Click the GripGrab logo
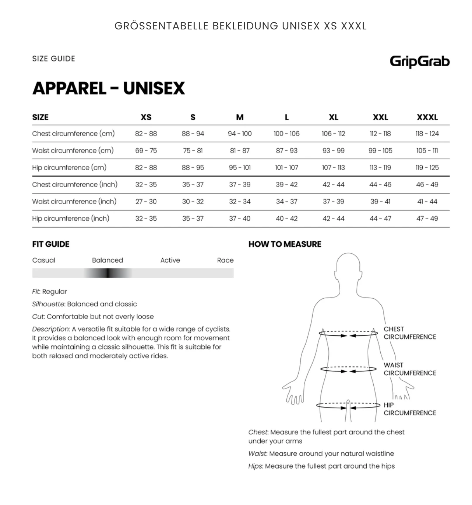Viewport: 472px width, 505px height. coord(419,61)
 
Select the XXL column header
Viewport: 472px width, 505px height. coord(380,117)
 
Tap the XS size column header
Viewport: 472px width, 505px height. coord(146,117)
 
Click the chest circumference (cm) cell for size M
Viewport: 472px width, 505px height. coord(240,134)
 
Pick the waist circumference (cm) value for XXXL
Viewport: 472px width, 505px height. coord(427,150)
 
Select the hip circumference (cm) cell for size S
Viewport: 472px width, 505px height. coord(193,167)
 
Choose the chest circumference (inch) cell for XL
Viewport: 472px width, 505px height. coord(333,184)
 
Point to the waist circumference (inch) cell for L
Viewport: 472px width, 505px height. coord(286,201)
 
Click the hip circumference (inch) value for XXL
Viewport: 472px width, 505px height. coord(380,218)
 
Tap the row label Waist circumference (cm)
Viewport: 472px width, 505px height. coord(73,150)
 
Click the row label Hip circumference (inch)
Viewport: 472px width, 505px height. coord(71,218)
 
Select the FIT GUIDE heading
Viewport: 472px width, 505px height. coord(51,244)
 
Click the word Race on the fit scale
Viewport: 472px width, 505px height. coord(225,260)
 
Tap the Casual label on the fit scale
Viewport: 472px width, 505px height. coord(44,260)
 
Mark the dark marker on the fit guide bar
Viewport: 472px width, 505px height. coord(108,273)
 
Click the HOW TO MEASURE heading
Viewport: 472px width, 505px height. coord(285,244)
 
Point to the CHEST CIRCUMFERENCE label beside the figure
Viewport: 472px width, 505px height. coord(409,333)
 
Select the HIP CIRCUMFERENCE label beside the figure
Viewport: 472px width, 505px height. coord(409,409)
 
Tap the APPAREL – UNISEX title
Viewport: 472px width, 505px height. coord(109,88)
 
